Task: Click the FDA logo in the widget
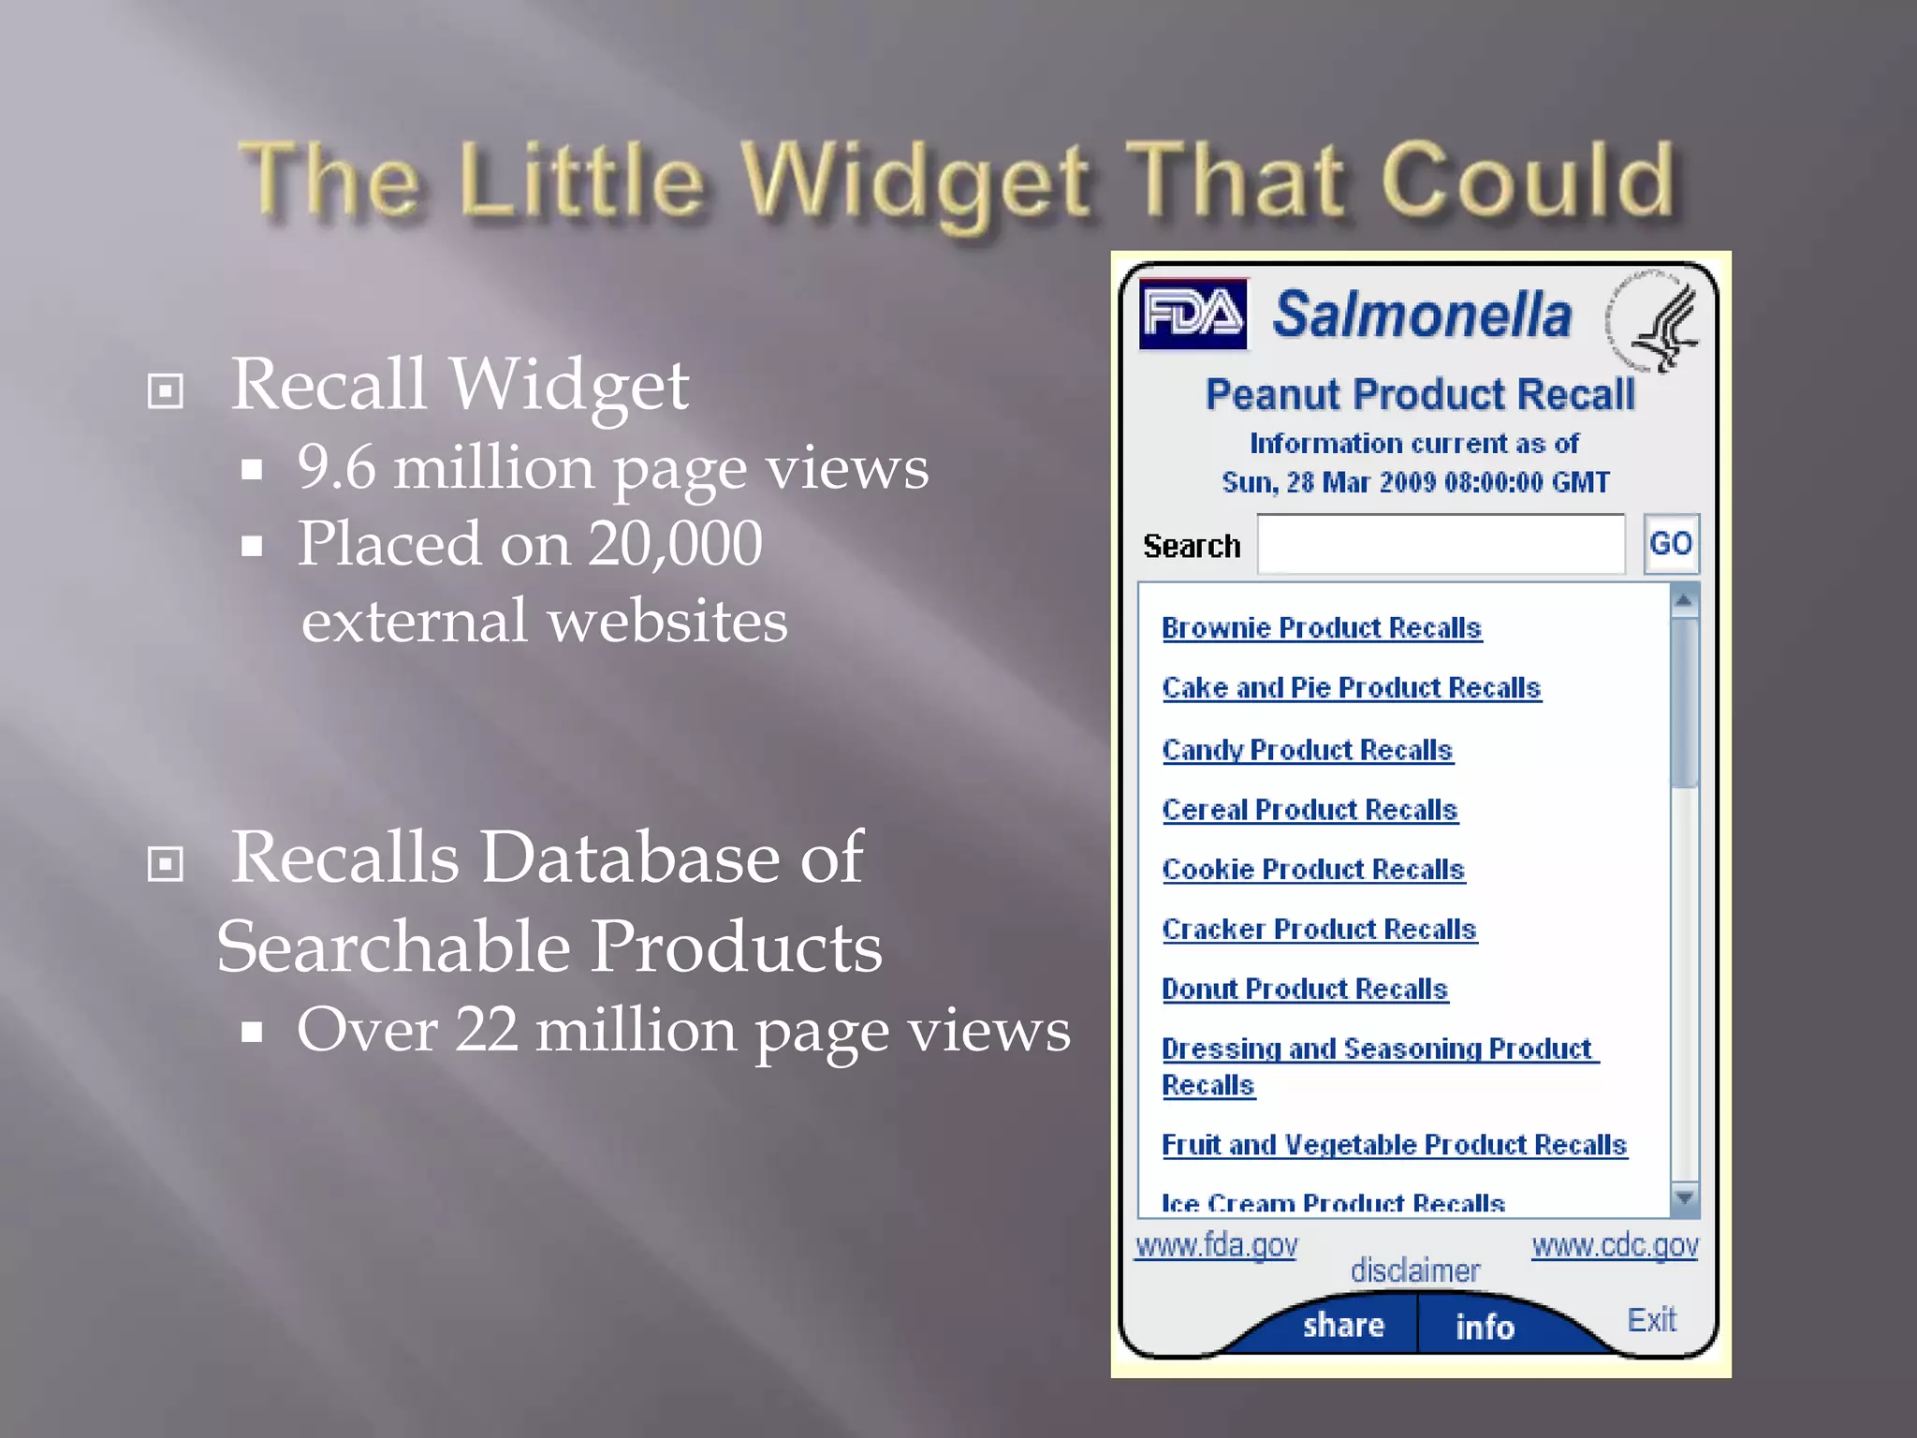pos(1193,315)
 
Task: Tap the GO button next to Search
pos(1671,544)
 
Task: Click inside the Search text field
pos(1441,544)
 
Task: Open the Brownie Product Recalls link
pos(1321,628)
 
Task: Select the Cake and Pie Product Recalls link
pos(1351,688)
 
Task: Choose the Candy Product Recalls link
pos(1307,750)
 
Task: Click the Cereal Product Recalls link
pos(1310,810)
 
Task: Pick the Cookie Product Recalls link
pos(1312,870)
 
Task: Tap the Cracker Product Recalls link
pos(1319,930)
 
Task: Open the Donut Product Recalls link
pos(1304,990)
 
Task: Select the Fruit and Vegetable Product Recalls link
pos(1394,1145)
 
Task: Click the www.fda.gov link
pos(1216,1246)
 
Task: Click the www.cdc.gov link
pos(1615,1246)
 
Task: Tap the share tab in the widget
pos(1343,1326)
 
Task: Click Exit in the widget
pos(1651,1320)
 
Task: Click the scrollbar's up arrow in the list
pos(1684,600)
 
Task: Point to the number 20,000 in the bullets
pos(675,544)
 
